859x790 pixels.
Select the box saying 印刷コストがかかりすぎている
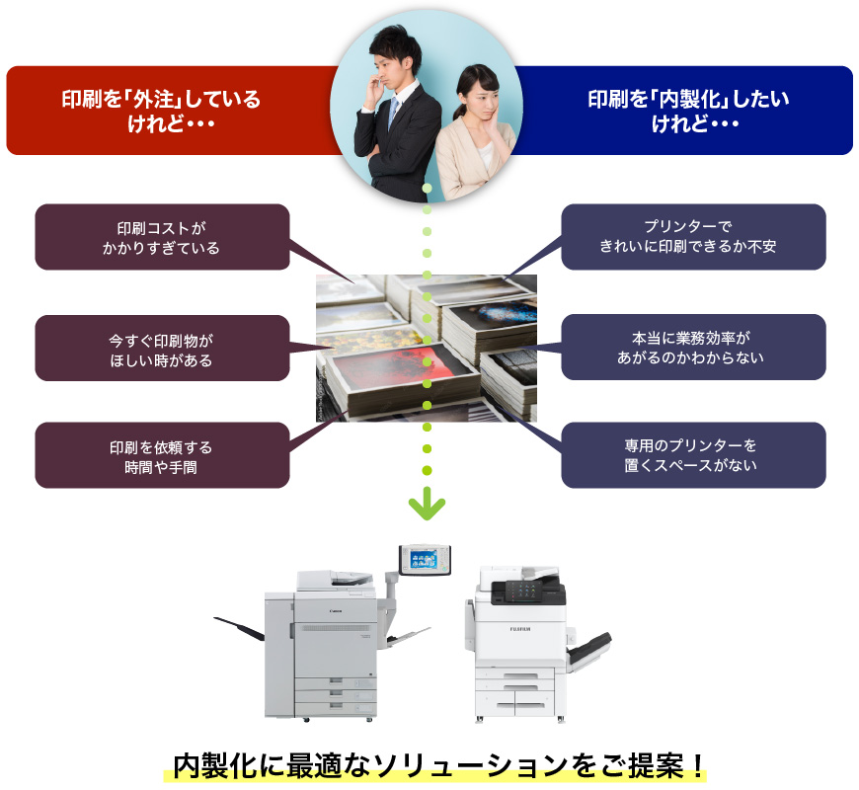pyautogui.click(x=162, y=237)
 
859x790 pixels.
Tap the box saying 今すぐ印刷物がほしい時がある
pyautogui.click(x=162, y=349)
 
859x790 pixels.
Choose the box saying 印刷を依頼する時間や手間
pyautogui.click(x=162, y=456)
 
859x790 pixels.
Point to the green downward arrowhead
pyautogui.click(x=427, y=509)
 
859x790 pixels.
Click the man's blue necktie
pyautogui.click(x=393, y=114)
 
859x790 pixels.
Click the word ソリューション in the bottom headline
pyautogui.click(x=464, y=765)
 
